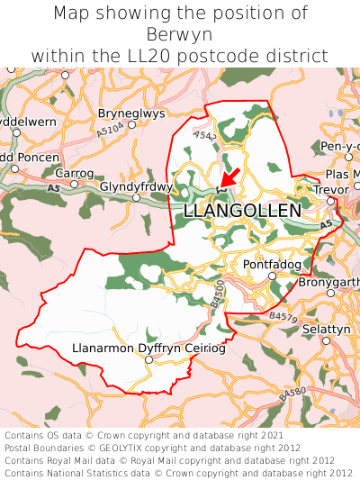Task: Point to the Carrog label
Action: coord(75,172)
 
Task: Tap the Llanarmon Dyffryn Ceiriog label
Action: coord(148,348)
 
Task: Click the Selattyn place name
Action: coord(325,330)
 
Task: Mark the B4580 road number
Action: coord(293,394)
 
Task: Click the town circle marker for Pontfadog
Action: coord(273,276)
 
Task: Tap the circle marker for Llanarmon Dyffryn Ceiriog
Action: coord(149,359)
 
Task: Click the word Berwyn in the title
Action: coord(179,34)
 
